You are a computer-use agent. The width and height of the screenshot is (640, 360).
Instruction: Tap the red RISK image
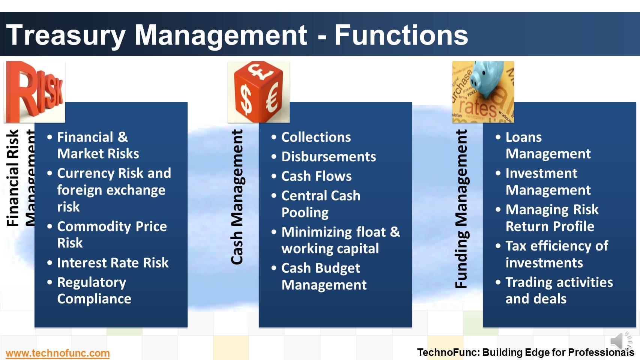tap(35, 92)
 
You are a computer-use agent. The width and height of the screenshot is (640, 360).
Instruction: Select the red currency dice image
tap(258, 92)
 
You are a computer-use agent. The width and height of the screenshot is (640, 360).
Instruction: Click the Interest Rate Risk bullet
tap(113, 262)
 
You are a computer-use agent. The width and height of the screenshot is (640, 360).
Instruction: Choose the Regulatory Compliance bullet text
tap(94, 290)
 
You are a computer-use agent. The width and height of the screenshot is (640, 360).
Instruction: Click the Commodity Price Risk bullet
tap(111, 234)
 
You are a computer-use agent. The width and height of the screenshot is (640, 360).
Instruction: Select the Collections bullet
tap(316, 137)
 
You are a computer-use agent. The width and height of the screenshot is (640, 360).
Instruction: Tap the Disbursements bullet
tap(328, 157)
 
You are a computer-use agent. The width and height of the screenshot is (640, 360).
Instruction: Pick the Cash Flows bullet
tap(316, 176)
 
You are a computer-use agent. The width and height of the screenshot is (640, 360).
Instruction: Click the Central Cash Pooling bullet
tap(320, 204)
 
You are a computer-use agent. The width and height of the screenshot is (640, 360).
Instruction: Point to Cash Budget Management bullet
tap(323, 276)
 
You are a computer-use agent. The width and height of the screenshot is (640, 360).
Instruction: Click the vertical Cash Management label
tap(237, 197)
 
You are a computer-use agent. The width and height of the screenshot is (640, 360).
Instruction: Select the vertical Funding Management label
tap(461, 208)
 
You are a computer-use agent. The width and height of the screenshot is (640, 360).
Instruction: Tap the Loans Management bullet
tap(547, 145)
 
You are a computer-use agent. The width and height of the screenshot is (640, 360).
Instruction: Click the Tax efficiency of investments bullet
tap(556, 254)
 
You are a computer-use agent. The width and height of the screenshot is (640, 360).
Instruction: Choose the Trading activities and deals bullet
tap(559, 290)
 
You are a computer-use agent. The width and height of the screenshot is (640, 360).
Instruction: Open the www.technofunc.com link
tap(57, 353)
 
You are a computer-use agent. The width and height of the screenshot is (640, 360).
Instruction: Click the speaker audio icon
tap(620, 340)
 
